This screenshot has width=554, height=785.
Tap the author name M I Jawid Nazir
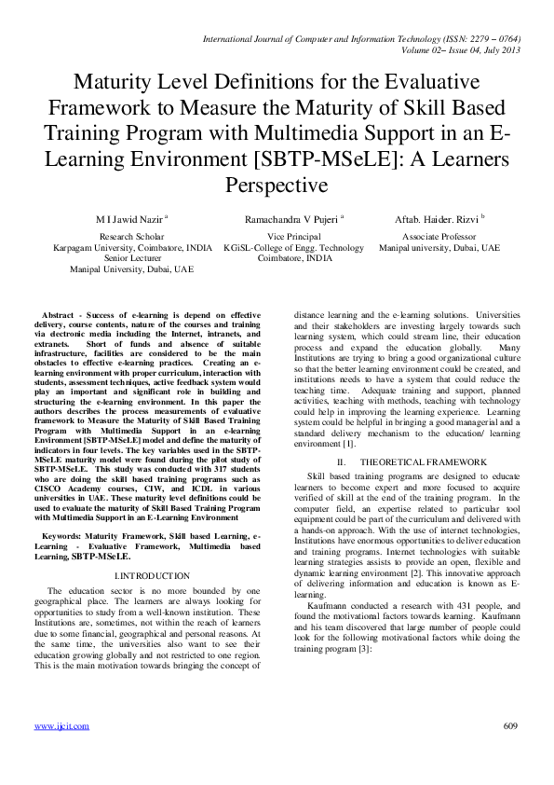click(128, 218)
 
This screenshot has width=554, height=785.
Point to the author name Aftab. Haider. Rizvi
click(437, 218)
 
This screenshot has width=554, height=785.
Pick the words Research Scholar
click(131, 238)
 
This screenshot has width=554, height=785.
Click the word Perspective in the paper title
click(277, 185)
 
